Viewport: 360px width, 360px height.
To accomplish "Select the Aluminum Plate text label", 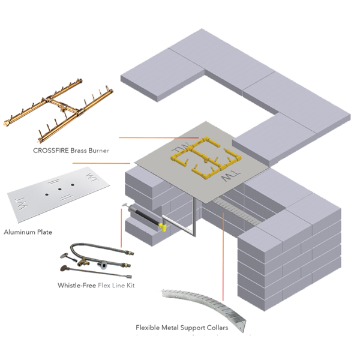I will [x=27, y=232].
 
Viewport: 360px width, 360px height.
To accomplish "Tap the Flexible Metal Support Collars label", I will [x=173, y=328].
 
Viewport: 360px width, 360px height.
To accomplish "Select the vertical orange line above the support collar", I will [x=223, y=252].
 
